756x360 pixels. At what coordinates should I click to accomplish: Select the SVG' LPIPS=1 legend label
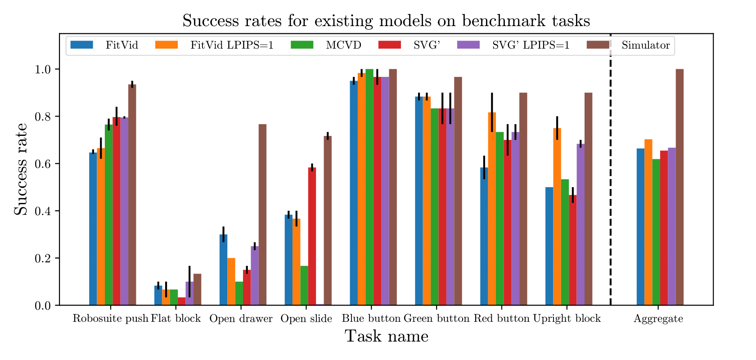[x=531, y=45]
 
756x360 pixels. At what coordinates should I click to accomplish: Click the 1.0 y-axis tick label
[x=43, y=69]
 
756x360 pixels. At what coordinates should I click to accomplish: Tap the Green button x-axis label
[x=436, y=319]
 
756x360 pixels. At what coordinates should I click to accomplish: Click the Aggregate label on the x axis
[x=658, y=319]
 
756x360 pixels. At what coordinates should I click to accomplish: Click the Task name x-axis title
[x=386, y=336]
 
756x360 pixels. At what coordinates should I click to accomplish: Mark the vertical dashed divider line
[x=610, y=180]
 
